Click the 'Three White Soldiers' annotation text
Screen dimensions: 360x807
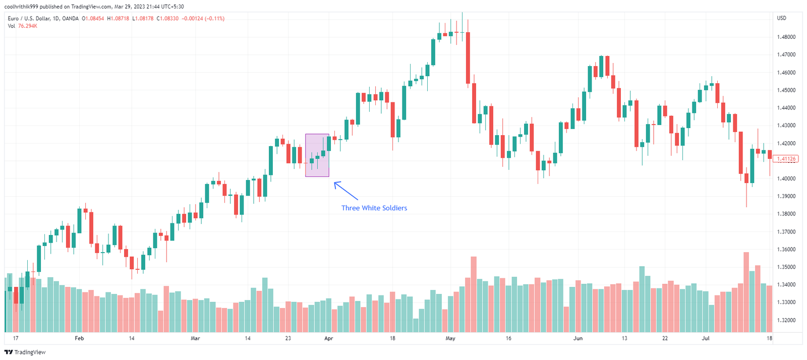click(374, 208)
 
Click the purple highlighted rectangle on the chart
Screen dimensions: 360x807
click(317, 155)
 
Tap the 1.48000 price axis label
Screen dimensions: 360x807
click(786, 37)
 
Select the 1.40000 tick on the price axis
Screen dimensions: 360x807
click(786, 178)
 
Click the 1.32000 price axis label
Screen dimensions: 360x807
click(786, 320)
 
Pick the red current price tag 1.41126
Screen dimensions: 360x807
click(786, 159)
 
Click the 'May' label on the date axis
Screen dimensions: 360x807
click(450, 338)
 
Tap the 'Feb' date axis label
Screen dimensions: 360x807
click(79, 338)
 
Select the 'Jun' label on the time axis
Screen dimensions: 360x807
click(578, 338)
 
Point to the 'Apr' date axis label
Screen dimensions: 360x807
click(328, 338)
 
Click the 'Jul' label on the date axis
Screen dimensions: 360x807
click(706, 338)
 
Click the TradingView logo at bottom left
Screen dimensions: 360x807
click(25, 352)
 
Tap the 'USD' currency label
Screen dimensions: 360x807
click(781, 18)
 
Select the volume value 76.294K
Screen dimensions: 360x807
click(28, 26)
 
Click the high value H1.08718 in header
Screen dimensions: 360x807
click(118, 19)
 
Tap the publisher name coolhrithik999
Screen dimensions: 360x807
click(21, 7)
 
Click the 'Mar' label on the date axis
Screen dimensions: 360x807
click(195, 338)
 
